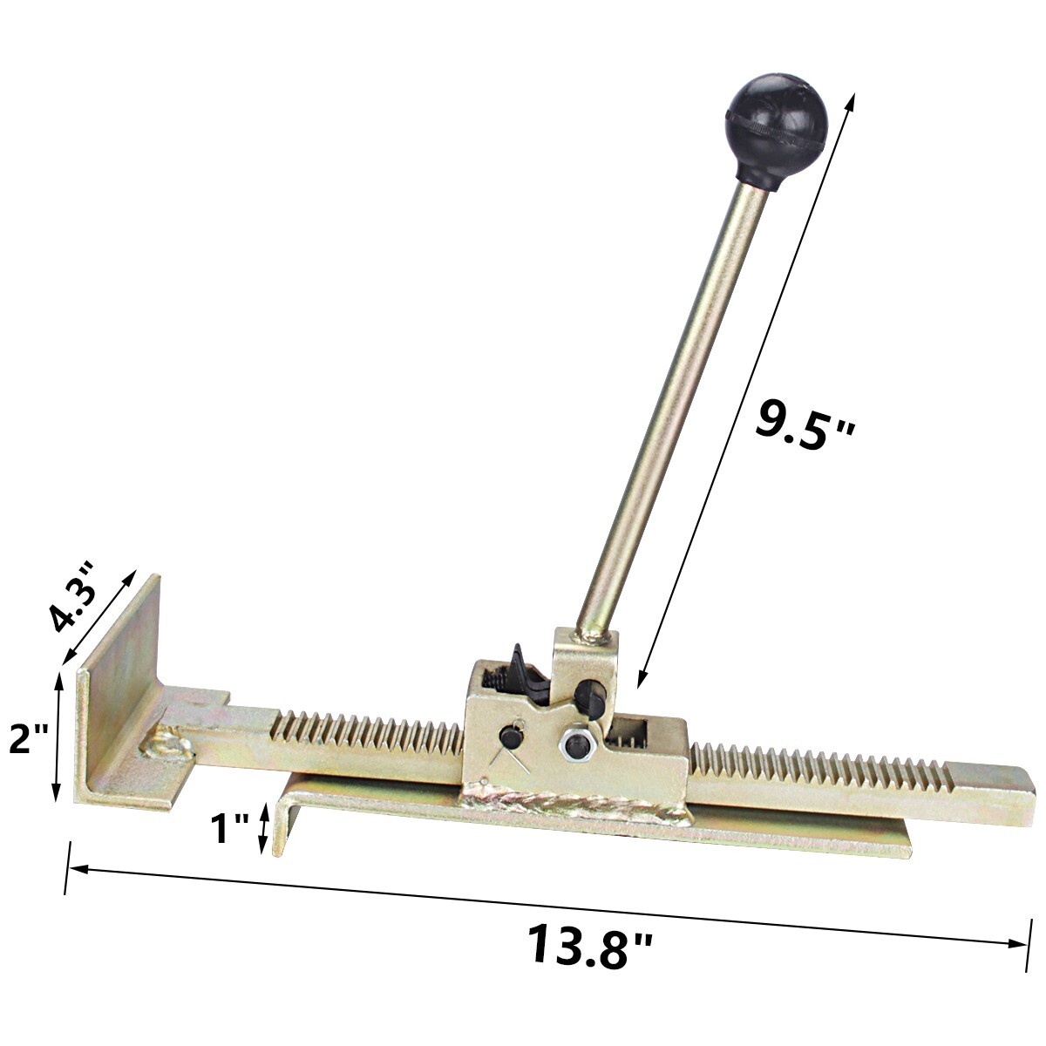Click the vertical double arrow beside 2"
(x=58, y=735)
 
